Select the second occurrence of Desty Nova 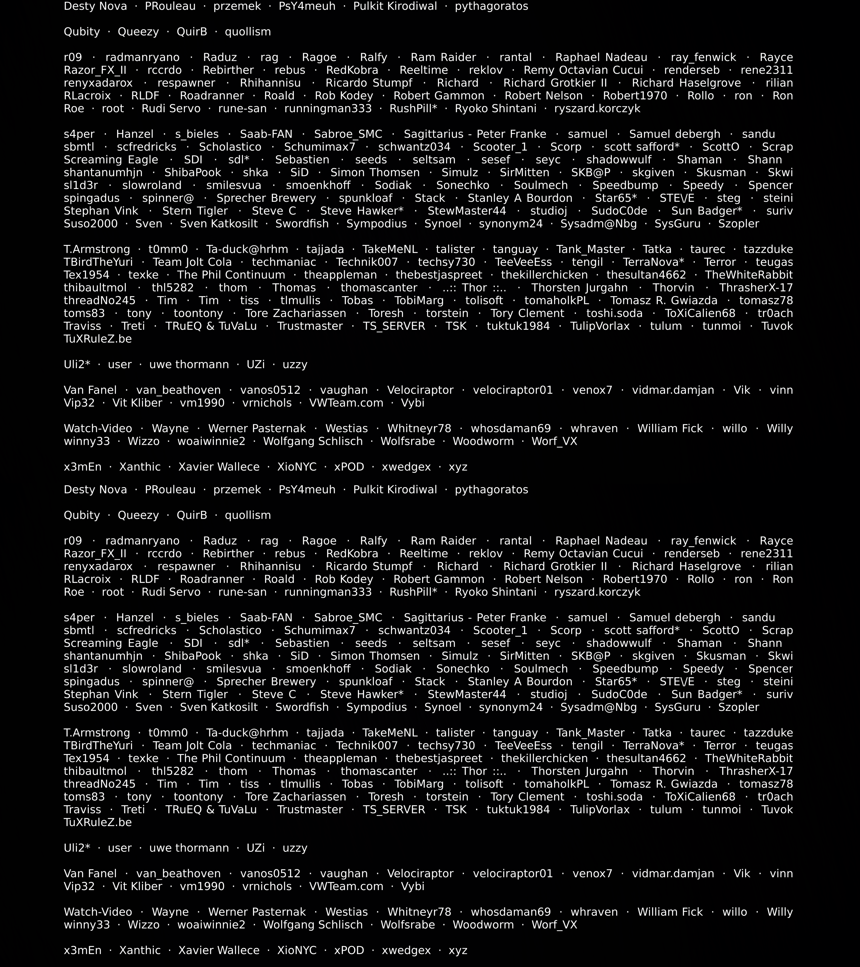95,490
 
